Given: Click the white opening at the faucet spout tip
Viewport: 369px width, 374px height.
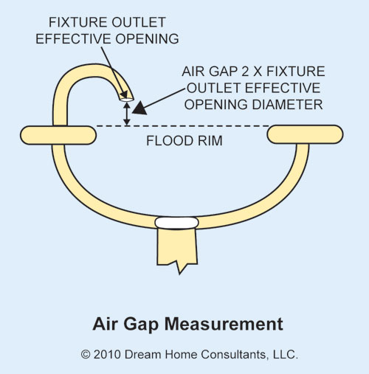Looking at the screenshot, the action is [127, 100].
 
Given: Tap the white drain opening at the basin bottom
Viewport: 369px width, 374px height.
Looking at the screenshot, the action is [176, 223].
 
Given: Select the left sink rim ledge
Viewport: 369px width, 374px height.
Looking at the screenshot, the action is [58, 135].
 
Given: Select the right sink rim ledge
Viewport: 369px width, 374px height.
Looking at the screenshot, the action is [305, 134].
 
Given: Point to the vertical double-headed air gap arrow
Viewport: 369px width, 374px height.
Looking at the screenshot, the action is [127, 114].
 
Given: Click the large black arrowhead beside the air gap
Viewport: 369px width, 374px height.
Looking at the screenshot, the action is [139, 108].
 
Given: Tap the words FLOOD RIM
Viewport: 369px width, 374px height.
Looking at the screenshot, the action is [184, 141].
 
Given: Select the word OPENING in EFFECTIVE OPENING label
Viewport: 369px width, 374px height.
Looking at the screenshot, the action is [147, 39].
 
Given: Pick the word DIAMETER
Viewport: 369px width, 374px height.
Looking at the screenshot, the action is [287, 105].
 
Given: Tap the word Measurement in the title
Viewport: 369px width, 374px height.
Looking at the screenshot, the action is [224, 324].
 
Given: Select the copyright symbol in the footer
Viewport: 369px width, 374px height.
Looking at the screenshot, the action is [86, 354].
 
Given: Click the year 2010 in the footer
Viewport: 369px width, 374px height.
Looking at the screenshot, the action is [107, 354].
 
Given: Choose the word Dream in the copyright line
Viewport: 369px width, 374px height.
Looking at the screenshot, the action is [143, 354].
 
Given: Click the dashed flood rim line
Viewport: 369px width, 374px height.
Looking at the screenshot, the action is [182, 126].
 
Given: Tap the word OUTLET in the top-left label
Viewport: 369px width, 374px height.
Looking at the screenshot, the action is [139, 22].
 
